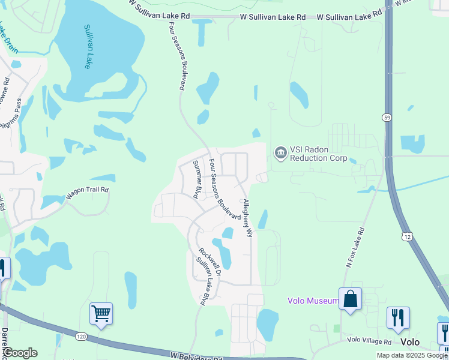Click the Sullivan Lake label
(88, 46)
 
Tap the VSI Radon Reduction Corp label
(318, 154)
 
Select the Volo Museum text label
(312, 301)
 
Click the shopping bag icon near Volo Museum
(350, 298)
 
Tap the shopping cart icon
(101, 313)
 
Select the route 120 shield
(82, 337)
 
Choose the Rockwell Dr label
(210, 262)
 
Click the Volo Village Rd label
(369, 341)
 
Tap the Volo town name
(410, 342)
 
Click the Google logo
(19, 352)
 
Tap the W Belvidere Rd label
(196, 356)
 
